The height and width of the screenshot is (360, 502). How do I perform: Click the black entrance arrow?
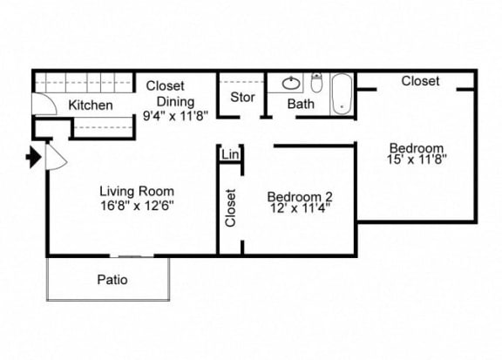click(x=34, y=157)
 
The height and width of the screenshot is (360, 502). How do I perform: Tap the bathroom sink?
click(x=291, y=84)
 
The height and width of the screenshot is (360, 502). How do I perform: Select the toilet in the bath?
click(x=316, y=82)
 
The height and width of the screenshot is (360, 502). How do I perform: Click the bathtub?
click(x=342, y=93)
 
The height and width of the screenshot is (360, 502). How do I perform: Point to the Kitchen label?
click(x=91, y=105)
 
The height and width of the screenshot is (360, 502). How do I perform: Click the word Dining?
click(x=175, y=101)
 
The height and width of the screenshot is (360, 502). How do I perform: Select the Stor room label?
click(x=242, y=97)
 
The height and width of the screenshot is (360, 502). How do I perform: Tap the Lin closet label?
click(x=230, y=154)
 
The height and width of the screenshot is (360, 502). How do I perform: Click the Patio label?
click(x=112, y=280)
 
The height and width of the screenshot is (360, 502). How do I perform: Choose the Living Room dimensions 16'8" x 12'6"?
click(x=137, y=206)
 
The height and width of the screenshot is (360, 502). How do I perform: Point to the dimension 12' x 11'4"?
click(x=300, y=208)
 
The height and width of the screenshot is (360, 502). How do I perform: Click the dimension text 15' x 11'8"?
click(x=417, y=160)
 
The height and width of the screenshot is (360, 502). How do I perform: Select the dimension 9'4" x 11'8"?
click(x=175, y=116)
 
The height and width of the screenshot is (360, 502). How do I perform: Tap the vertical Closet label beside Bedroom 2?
click(x=230, y=207)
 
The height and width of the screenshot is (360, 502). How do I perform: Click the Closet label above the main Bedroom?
click(x=420, y=81)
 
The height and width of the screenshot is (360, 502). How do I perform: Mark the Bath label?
click(x=301, y=104)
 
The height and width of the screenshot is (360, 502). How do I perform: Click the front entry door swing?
click(x=57, y=157)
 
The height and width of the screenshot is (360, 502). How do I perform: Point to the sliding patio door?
click(x=132, y=256)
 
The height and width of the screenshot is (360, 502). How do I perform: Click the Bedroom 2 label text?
click(x=300, y=197)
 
